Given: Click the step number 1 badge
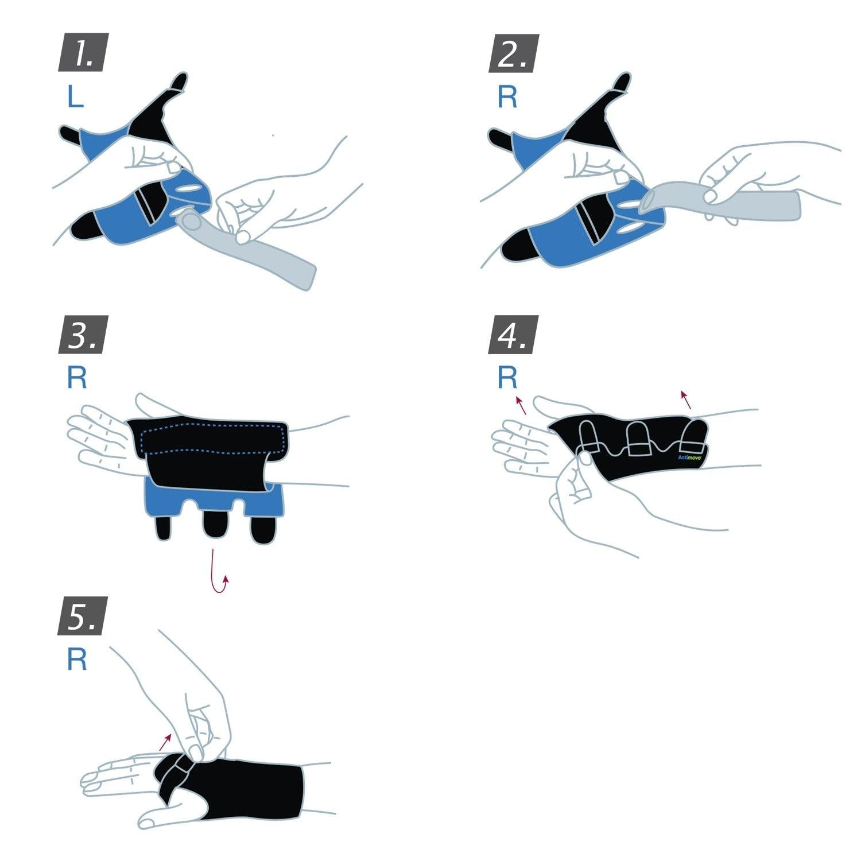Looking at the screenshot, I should (83, 53).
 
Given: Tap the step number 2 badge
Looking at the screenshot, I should (513, 53).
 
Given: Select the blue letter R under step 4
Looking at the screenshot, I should (507, 377).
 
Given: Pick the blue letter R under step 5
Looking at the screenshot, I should (77, 660).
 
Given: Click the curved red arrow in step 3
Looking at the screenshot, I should (219, 574).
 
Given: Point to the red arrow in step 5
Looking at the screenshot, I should (165, 742).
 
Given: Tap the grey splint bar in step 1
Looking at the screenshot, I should (258, 253).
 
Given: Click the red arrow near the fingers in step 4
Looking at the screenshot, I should (521, 405).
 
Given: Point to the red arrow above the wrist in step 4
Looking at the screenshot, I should (685, 400).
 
